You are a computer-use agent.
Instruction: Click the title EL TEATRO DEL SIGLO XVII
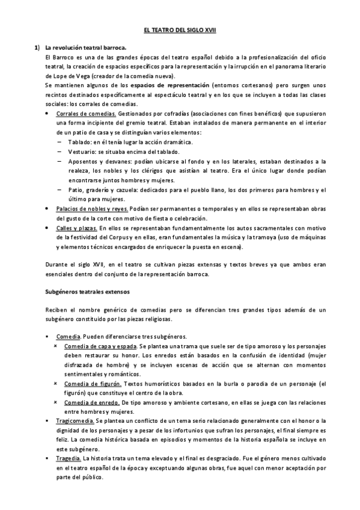pyautogui.click(x=180, y=30)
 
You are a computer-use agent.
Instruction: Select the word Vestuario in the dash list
pyautogui.click(x=81, y=152)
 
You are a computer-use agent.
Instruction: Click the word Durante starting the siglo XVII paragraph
pyautogui.click(x=57, y=265)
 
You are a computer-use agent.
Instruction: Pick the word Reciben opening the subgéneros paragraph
pyautogui.click(x=57, y=310)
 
